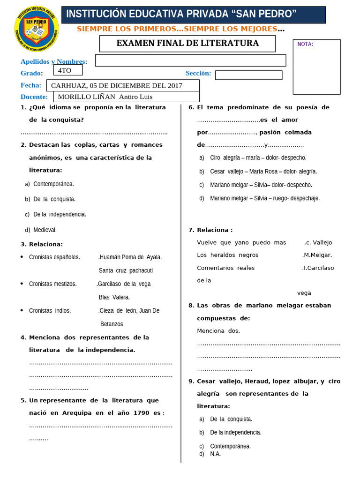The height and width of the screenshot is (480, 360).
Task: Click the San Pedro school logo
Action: pos(37,29)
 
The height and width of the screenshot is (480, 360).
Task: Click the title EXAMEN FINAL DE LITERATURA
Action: pos(187,44)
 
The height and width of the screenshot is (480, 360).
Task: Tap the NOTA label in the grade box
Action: pos(305,45)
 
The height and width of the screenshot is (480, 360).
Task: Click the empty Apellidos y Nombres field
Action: pos(190,60)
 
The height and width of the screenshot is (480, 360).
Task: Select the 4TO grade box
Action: pos(68,70)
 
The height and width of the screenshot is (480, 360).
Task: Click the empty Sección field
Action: pos(248,75)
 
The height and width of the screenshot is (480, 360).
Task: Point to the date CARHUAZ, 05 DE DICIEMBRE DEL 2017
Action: pos(116,85)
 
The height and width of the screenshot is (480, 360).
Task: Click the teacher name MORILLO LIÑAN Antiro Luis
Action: pos(105,97)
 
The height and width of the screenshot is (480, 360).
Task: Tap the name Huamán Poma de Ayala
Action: pos(130,257)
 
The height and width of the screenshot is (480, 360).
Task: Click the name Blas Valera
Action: pos(114,297)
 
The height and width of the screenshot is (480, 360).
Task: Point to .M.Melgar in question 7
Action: pos(317,255)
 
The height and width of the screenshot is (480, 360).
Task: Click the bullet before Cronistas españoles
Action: pos(22,257)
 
